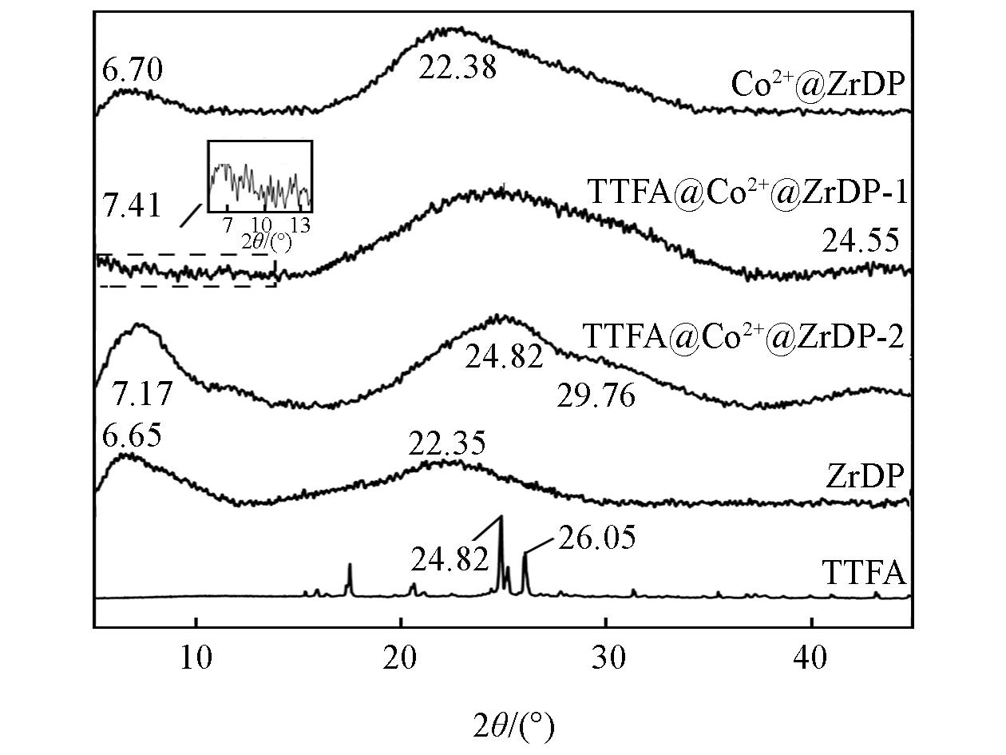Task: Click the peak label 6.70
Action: (x=133, y=70)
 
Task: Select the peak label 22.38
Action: (x=457, y=68)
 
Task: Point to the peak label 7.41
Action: (x=132, y=206)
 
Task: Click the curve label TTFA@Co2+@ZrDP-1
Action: (x=747, y=193)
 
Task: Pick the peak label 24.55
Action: (x=861, y=240)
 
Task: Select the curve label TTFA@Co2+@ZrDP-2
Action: (x=743, y=336)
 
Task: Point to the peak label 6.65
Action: (x=132, y=436)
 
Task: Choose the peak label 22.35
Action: (x=446, y=444)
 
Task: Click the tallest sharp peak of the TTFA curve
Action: (x=501, y=519)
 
